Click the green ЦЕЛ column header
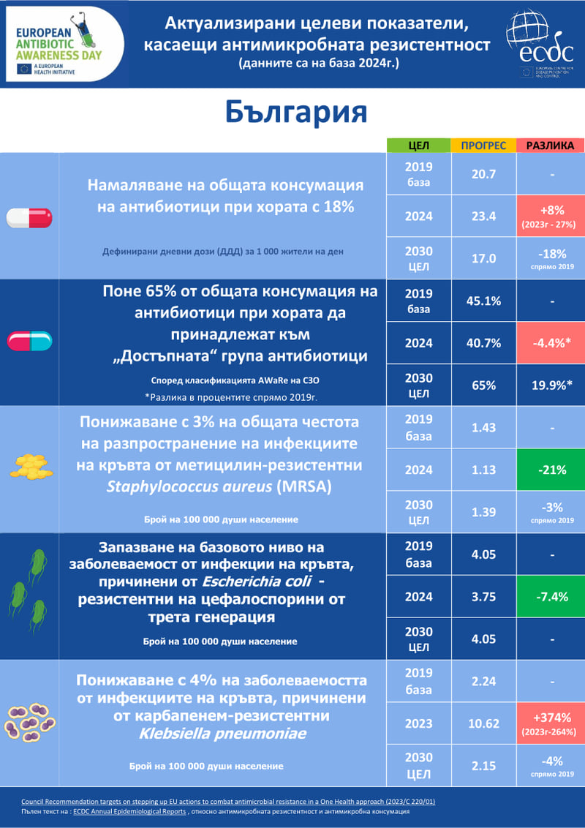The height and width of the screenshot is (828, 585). click(418, 146)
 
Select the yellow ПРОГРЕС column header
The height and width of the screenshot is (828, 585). click(483, 146)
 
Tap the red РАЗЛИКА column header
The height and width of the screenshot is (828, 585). click(551, 146)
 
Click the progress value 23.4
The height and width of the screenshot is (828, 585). click(483, 217)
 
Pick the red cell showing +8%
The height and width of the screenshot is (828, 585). click(551, 217)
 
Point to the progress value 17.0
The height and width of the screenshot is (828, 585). click(483, 258)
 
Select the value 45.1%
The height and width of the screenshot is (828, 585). click(483, 301)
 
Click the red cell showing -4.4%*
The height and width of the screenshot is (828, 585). click(551, 343)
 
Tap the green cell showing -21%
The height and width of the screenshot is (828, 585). click(551, 470)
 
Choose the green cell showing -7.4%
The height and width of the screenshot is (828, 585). click(551, 597)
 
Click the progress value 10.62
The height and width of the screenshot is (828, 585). click(483, 723)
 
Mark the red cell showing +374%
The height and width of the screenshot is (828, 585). click(551, 723)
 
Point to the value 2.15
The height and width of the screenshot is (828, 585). click(483, 766)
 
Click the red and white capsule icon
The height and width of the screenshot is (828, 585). click(29, 217)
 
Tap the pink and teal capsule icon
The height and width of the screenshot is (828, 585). click(29, 341)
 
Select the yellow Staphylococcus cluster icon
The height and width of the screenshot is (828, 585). click(32, 466)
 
